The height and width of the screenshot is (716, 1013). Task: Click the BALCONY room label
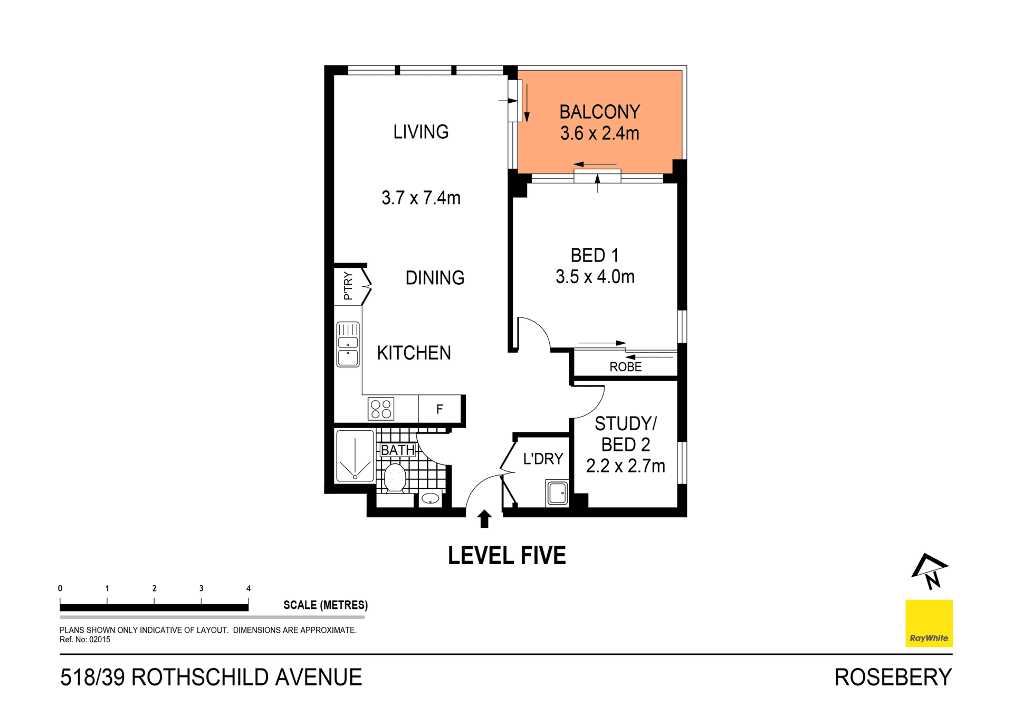tap(599, 112)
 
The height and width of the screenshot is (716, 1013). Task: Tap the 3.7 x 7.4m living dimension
tap(421, 198)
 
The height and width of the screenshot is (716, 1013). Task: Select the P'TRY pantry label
tap(348, 286)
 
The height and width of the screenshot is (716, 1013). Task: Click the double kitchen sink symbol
tap(348, 344)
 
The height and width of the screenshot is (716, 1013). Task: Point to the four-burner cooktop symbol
tap(381, 409)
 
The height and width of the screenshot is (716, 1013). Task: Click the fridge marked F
tap(439, 409)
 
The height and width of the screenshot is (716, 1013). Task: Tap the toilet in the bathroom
tap(395, 478)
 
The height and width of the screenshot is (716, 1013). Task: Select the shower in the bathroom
tap(355, 457)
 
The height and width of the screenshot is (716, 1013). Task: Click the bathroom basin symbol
tap(431, 498)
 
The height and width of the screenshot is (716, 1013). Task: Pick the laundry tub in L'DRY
tap(557, 494)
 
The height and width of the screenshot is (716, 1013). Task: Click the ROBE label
tap(625, 367)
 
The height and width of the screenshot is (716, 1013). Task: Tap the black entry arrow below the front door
tap(484, 519)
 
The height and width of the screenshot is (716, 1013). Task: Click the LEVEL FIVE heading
tap(506, 556)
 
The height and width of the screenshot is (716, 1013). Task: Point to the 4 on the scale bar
tap(248, 588)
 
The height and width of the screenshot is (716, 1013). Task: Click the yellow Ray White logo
tap(929, 623)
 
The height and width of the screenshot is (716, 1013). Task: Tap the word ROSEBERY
tap(893, 678)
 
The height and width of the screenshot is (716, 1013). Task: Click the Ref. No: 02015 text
tap(85, 640)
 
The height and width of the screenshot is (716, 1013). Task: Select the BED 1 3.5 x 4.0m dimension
tap(595, 277)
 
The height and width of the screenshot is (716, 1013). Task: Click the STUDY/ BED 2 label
tap(625, 434)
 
